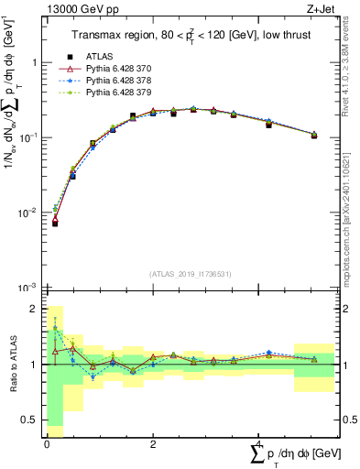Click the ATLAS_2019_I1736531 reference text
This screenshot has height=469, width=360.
191,273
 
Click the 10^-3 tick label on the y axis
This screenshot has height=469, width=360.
30,288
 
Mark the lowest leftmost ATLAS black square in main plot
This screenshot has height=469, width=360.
55,223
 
